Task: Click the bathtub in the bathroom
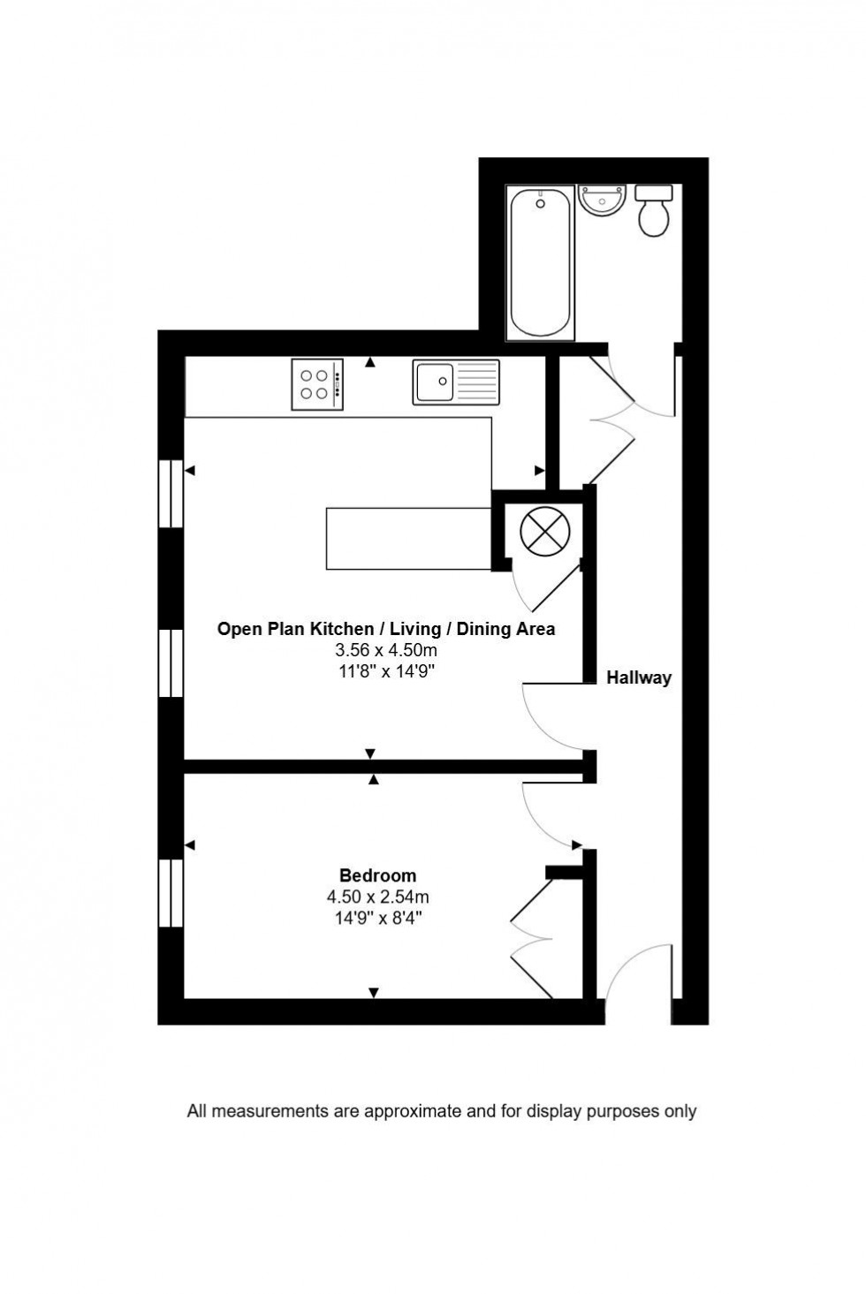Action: click(x=540, y=262)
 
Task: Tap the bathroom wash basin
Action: click(x=602, y=201)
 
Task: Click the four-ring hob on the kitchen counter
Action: click(x=317, y=384)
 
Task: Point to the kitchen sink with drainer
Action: click(x=455, y=382)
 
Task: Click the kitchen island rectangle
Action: click(x=408, y=539)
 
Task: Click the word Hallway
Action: click(x=638, y=678)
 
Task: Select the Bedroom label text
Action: click(x=377, y=875)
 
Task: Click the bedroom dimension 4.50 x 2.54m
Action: click(x=377, y=897)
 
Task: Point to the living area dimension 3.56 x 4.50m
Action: click(x=386, y=650)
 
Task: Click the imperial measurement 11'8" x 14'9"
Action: click(x=386, y=671)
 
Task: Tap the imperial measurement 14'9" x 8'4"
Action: click(x=377, y=918)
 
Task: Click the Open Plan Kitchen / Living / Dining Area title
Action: click(x=386, y=629)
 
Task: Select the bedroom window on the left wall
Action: click(x=171, y=892)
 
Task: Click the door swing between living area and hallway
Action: click(x=548, y=716)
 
